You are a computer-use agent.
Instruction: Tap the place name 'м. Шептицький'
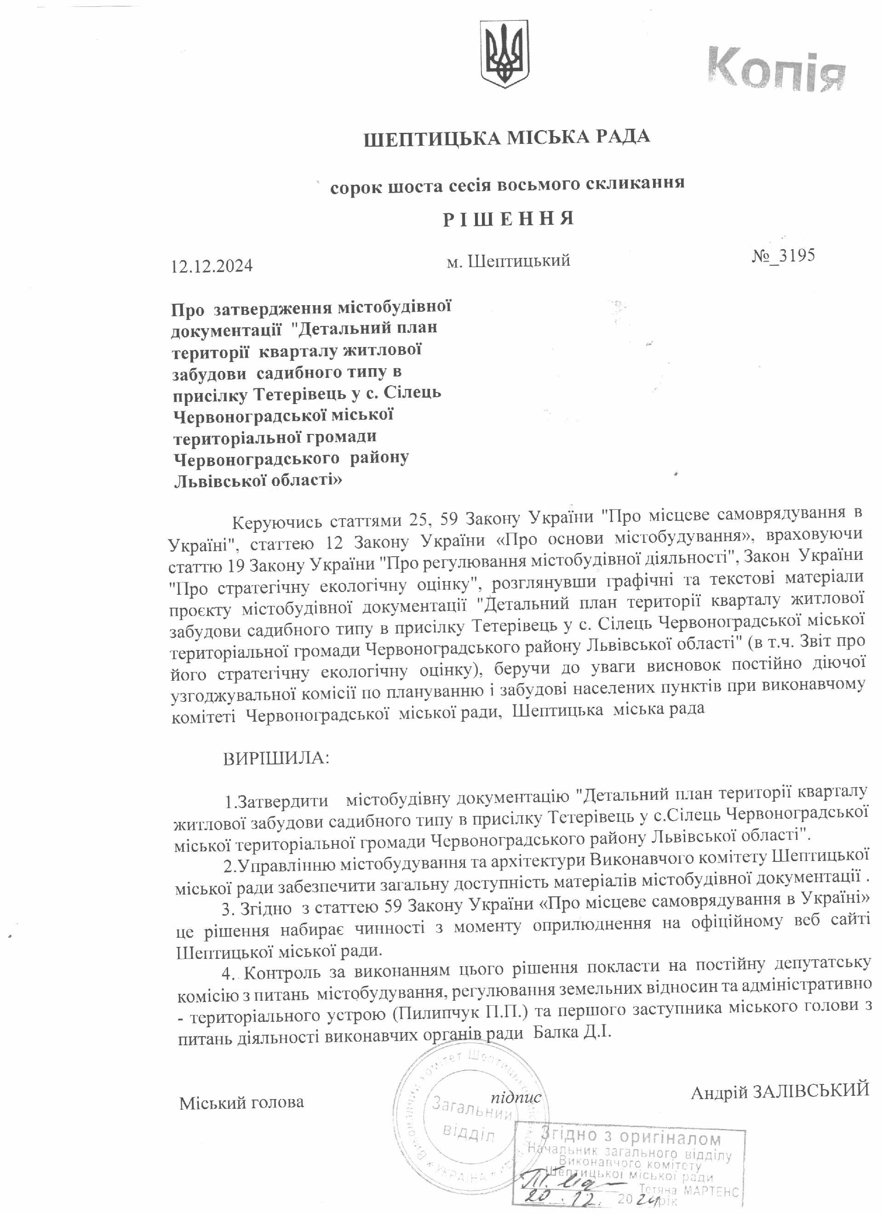point(508,261)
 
